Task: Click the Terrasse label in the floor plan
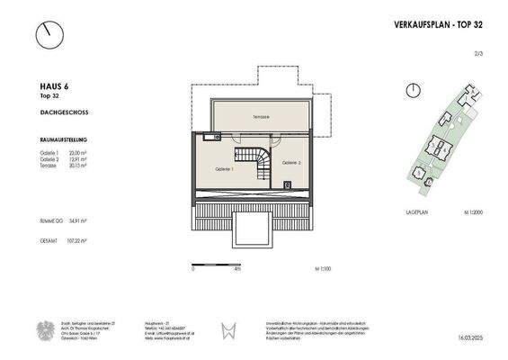pyautogui.click(x=260, y=118)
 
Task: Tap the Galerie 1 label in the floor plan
pyautogui.click(x=225, y=168)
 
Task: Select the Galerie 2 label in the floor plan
pyautogui.click(x=290, y=163)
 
